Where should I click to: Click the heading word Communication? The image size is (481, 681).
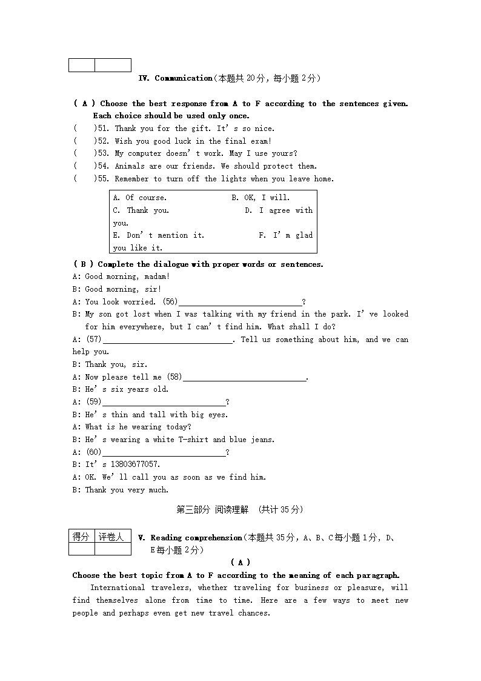(x=184, y=78)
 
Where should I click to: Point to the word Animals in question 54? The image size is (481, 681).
(x=130, y=166)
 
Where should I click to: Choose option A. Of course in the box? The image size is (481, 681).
(x=140, y=198)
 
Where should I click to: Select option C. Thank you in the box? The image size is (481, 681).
(x=141, y=210)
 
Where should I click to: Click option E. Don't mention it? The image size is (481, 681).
(x=159, y=235)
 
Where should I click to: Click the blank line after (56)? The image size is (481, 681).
(x=240, y=303)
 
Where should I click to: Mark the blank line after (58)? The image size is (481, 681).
(x=244, y=378)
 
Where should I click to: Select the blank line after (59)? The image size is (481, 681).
(x=164, y=403)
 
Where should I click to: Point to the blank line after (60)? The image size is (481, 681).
(x=164, y=453)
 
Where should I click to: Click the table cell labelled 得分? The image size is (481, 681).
(x=81, y=537)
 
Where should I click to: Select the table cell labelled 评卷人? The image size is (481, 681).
(x=112, y=537)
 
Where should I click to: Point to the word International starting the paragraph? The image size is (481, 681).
(x=118, y=588)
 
